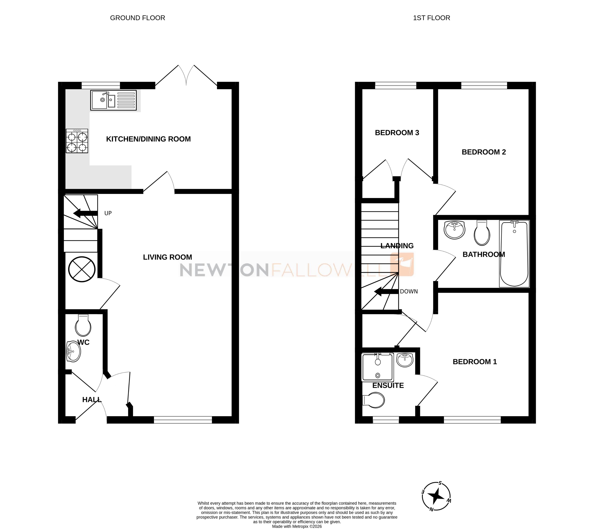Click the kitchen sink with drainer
pos(113,100)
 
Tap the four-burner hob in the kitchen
pos(77,141)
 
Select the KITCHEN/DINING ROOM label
pos(148,139)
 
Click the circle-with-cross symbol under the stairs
pos(82,269)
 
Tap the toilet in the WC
pos(83,326)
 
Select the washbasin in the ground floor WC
pos(73,352)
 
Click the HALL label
pos(92,400)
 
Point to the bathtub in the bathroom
pos(514,254)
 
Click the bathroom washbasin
pos(454,230)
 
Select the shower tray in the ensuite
pos(377,367)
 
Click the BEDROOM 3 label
pos(397,133)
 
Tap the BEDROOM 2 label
pos(484,152)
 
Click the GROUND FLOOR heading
pos(138,18)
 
